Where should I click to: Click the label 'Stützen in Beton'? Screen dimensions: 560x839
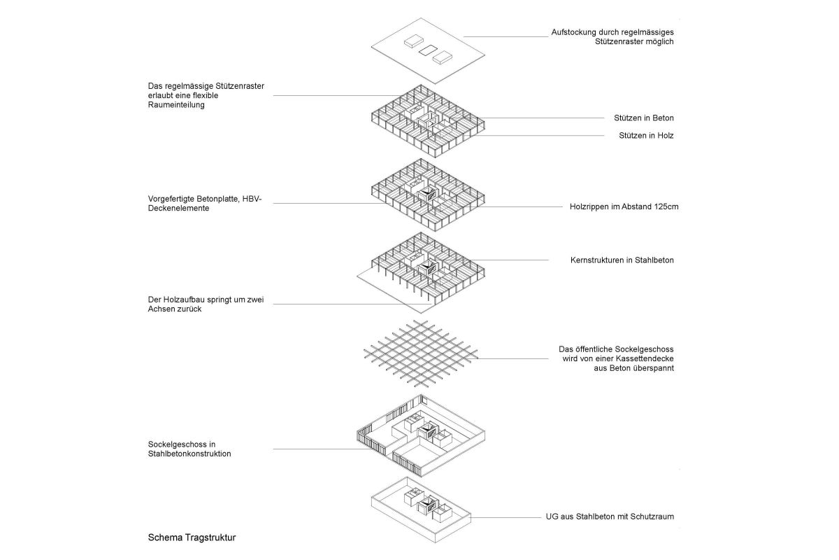(x=647, y=118)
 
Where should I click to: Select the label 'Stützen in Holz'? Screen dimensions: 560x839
(x=646, y=136)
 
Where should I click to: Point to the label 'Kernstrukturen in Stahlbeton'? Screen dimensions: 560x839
(x=622, y=260)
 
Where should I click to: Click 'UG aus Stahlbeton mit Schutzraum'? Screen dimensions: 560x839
(x=610, y=517)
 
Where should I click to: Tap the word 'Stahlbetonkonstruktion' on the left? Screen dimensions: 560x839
(x=189, y=454)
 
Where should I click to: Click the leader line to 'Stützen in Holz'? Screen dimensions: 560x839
(x=538, y=136)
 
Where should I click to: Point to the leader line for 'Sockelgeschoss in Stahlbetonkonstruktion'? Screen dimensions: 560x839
(x=315, y=449)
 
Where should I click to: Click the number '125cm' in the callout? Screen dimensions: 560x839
(x=666, y=207)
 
